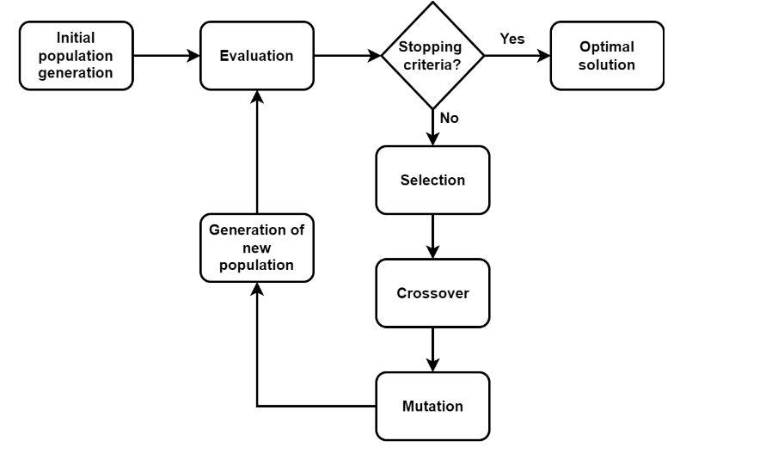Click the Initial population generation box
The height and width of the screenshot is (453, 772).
pyautogui.click(x=77, y=56)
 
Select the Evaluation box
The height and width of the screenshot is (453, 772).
pyautogui.click(x=257, y=56)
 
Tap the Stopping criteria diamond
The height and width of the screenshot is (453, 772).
pyautogui.click(x=432, y=56)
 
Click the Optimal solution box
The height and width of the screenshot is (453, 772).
pyautogui.click(x=607, y=56)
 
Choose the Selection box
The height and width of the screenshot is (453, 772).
pyautogui.click(x=432, y=181)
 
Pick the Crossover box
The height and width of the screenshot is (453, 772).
pyautogui.click(x=432, y=293)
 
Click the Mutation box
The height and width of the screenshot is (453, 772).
pyautogui.click(x=432, y=406)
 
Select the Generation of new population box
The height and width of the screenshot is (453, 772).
pyautogui.click(x=257, y=248)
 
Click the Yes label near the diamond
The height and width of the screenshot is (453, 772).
pyautogui.click(x=512, y=40)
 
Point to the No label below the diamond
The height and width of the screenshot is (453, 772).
pyautogui.click(x=450, y=119)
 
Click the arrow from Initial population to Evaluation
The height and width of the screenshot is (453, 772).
pyautogui.click(x=167, y=56)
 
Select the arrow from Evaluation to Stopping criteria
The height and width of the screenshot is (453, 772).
pyautogui.click(x=347, y=56)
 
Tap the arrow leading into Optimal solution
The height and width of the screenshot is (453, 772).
pyautogui.click(x=517, y=56)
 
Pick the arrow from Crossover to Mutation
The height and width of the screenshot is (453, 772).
pyautogui.click(x=432, y=349)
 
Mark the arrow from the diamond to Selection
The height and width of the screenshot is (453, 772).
pyautogui.click(x=432, y=127)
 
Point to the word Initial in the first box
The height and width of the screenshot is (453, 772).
pyautogui.click(x=77, y=39)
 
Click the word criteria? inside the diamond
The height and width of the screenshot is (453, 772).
pyautogui.click(x=433, y=64)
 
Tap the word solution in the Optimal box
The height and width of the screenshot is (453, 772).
pyautogui.click(x=607, y=65)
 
